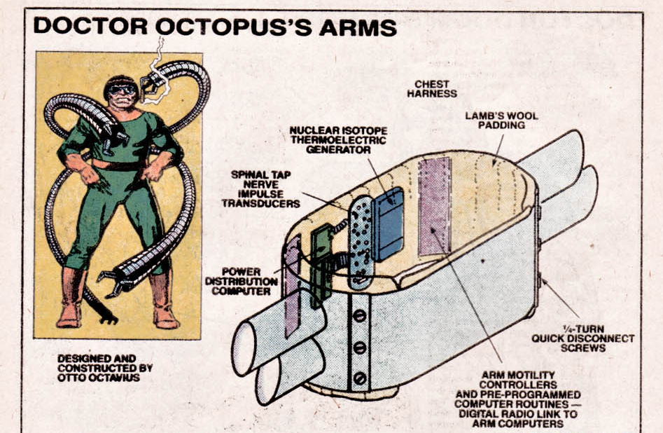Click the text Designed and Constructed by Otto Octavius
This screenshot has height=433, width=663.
[105, 367]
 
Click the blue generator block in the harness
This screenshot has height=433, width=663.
[388, 222]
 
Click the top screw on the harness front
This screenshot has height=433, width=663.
[359, 316]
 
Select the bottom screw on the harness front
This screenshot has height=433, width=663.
[359, 378]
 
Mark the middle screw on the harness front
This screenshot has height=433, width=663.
[359, 348]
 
